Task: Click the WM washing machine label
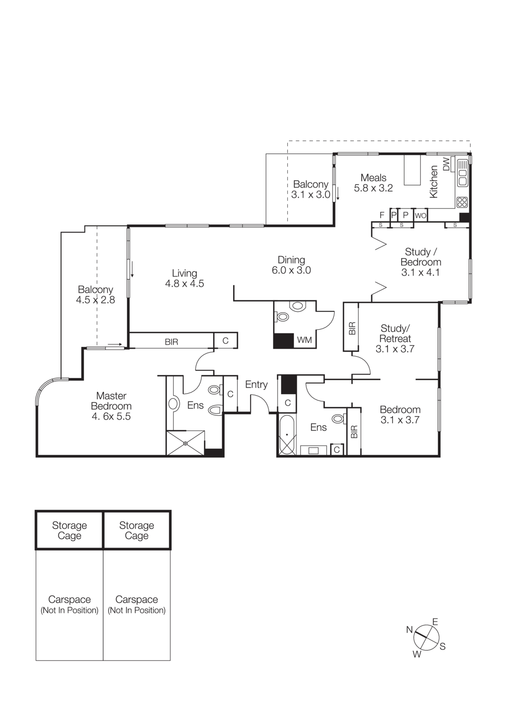point(304,340)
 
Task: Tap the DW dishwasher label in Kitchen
point(446,164)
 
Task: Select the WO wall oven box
point(420,216)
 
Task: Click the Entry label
point(256,385)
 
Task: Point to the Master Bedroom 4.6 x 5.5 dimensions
point(111,416)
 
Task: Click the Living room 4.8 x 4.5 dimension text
point(184,284)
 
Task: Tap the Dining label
point(291,260)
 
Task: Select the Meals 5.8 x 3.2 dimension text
point(373,188)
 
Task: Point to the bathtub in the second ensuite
point(287,435)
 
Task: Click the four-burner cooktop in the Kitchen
point(462,202)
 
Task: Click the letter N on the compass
point(409,630)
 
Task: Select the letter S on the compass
point(442,647)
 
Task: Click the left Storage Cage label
point(69,530)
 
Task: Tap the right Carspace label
point(137,600)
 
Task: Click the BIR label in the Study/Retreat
point(352,328)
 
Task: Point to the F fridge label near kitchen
point(382,215)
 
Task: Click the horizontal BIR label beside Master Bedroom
point(171,342)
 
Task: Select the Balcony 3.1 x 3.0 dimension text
point(311,195)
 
